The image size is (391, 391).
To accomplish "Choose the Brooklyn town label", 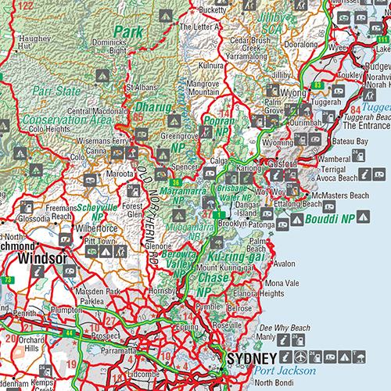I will [238, 222].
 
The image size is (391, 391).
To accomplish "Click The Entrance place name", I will [367, 124].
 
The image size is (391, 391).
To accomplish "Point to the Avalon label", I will [285, 264].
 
